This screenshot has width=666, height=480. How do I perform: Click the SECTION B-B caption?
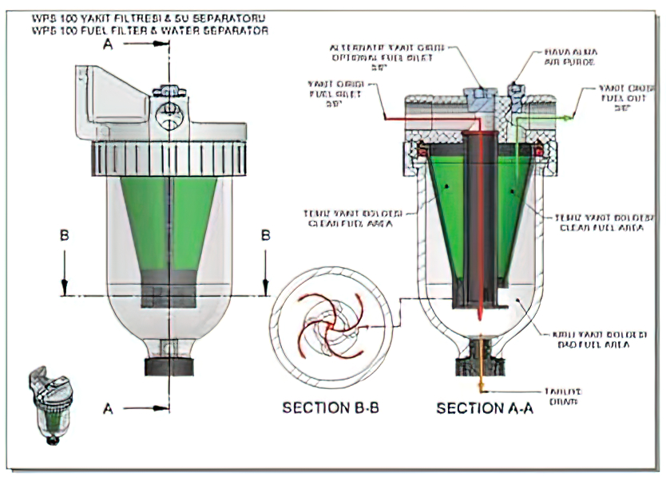tap(330, 408)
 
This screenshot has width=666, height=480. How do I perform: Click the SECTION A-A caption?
tap(478, 408)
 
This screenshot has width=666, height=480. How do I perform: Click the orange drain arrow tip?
tap(481, 391)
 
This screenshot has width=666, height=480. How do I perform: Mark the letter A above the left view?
tap(108, 45)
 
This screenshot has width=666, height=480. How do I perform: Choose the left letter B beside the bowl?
tap(64, 235)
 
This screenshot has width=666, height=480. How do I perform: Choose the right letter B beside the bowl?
tap(266, 235)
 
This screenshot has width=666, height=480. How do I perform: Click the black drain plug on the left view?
tap(168, 368)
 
